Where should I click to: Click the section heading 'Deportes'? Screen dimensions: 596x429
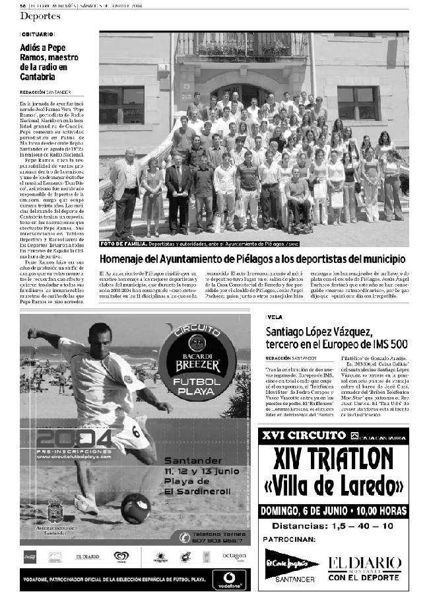[x=40, y=15]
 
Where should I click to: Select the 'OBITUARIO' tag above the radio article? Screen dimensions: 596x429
[x=38, y=33]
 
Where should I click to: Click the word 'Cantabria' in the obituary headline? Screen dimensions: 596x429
[x=41, y=78]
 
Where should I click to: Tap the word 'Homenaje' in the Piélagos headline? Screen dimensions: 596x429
[x=125, y=259]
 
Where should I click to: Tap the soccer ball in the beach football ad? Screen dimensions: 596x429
[x=136, y=507]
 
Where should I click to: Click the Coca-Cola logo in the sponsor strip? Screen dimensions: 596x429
[x=30, y=556]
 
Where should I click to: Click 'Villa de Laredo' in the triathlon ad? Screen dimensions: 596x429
[x=333, y=486]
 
